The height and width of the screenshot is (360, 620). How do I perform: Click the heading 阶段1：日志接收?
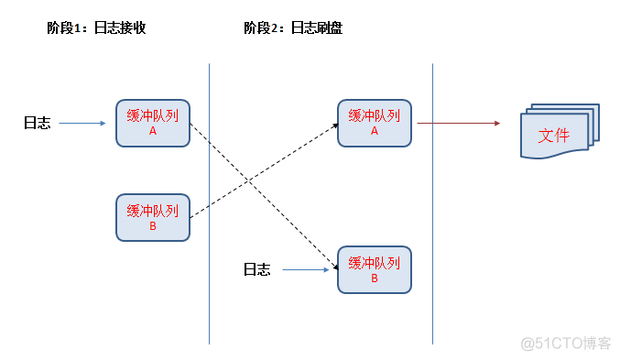pyautogui.click(x=96, y=28)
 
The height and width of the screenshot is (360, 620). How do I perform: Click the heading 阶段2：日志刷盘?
pyautogui.click(x=293, y=28)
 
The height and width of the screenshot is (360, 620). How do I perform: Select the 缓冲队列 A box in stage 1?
pyautogui.click(x=153, y=123)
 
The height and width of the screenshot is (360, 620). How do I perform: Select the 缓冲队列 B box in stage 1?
pyautogui.click(x=153, y=217)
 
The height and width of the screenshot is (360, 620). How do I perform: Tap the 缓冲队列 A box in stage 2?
pyautogui.click(x=374, y=123)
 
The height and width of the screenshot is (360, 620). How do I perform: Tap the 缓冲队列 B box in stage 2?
pyautogui.click(x=375, y=269)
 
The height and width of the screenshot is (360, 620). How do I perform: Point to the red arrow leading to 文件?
pyautogui.click(x=458, y=123)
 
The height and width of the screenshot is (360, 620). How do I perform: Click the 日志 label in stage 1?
pyautogui.click(x=37, y=123)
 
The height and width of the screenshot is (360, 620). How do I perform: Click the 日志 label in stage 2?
pyautogui.click(x=256, y=270)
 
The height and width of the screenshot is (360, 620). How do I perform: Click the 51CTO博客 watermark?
pyautogui.click(x=567, y=344)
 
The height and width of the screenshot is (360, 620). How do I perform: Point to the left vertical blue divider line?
pyautogui.click(x=210, y=202)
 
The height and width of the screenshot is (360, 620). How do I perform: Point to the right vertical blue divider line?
pyautogui.click(x=432, y=202)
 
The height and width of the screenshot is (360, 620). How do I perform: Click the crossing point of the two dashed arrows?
pyautogui.click(x=248, y=180)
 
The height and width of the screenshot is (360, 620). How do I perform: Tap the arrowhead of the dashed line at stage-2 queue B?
pyautogui.click(x=333, y=265)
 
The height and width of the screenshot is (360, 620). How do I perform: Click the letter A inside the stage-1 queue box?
pyautogui.click(x=153, y=131)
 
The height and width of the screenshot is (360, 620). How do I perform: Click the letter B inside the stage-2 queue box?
pyautogui.click(x=375, y=278)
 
